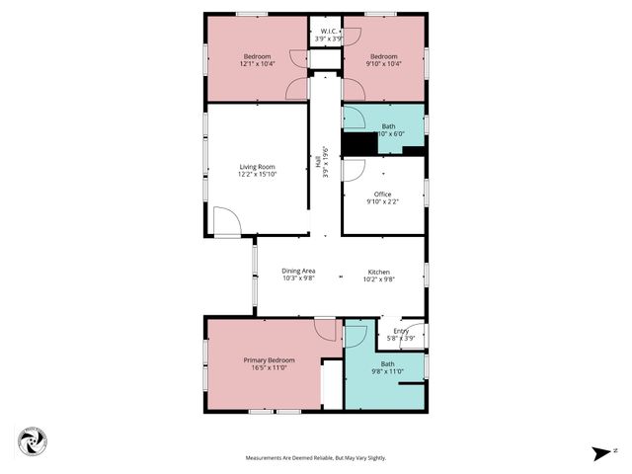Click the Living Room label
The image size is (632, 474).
pyautogui.click(x=257, y=167)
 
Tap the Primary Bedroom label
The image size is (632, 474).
pyautogui.click(x=269, y=360)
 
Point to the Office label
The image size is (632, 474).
pyautogui.click(x=382, y=195)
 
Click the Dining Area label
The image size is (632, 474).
pyautogui.click(x=298, y=271)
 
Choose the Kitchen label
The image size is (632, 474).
pyautogui.click(x=380, y=272)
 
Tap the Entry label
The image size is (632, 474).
pyautogui.click(x=401, y=331)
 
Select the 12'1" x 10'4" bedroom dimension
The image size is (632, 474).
pyautogui.click(x=257, y=64)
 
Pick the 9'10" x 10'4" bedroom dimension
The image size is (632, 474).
pyautogui.click(x=384, y=64)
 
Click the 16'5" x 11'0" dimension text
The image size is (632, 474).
pyautogui.click(x=269, y=368)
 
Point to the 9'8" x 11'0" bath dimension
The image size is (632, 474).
pyautogui.click(x=387, y=371)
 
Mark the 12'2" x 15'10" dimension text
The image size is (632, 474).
pyautogui.click(x=257, y=175)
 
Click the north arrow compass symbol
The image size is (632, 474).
pyautogui.click(x=601, y=453)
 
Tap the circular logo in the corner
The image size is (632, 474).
pyautogui.click(x=33, y=442)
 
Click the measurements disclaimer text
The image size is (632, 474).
pyautogui.click(x=316, y=458)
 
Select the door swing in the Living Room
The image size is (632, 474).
pyautogui.click(x=226, y=221)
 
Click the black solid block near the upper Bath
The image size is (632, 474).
pyautogui.click(x=360, y=144)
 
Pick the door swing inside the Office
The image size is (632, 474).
pyautogui.click(x=353, y=169)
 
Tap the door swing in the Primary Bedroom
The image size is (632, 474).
pyautogui.click(x=325, y=330)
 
